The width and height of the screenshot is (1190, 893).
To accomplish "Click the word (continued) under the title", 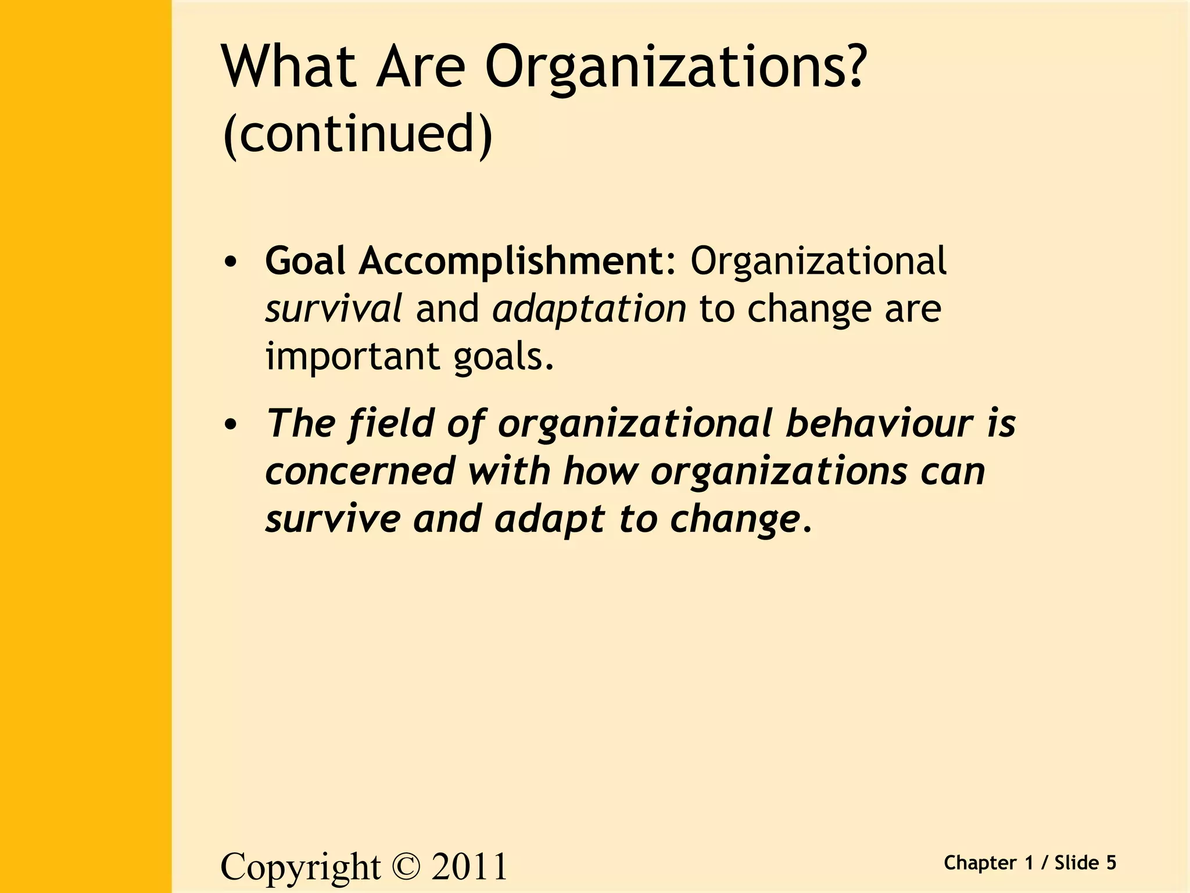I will coord(357,134).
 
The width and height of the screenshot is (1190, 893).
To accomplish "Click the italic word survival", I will coord(333,308).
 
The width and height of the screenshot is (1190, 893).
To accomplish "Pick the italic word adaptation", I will coord(589,308).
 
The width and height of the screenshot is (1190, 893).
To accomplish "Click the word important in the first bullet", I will coord(352,356).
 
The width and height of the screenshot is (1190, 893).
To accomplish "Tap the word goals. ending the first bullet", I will coord(504,356).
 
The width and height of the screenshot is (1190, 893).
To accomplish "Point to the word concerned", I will coord(360,470).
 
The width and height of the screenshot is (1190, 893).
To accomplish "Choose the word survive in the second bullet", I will coord(333,518).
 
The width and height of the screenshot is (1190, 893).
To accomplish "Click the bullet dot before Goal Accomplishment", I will coord(231,262).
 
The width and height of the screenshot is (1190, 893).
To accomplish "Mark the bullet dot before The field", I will coord(231,424).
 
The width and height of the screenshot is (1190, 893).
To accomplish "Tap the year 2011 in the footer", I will coord(469,867).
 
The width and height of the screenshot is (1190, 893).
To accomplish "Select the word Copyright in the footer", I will coord(300,867).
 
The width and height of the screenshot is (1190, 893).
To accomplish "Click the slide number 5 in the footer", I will coord(1110,863).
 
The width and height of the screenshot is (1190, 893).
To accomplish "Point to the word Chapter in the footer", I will coord(980,863).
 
